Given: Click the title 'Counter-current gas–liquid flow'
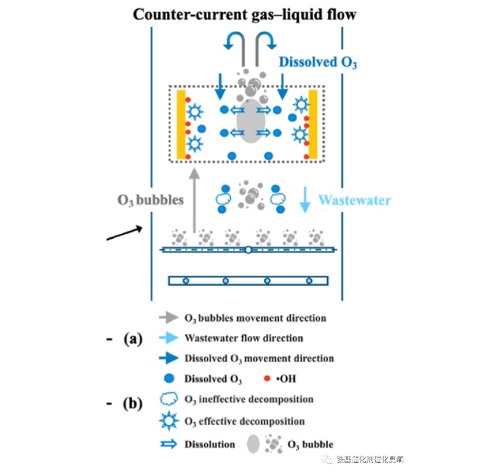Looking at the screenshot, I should pos(245,14).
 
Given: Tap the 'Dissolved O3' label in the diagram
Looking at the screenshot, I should pos(318,62).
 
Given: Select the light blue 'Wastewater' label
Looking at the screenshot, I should pos(354,200).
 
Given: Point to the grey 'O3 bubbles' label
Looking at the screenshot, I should pos(150,200).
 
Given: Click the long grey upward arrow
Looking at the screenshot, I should pos(194,200).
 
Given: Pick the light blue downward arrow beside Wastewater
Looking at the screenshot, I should pos(305,199).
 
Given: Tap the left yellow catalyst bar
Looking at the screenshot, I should pos(181,124).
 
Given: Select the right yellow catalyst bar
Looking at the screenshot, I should pos(313,124).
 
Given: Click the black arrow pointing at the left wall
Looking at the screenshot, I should pos(125,234).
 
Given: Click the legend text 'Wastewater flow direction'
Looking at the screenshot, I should pos(244,338).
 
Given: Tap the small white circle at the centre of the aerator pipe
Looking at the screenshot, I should pos(248,250).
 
